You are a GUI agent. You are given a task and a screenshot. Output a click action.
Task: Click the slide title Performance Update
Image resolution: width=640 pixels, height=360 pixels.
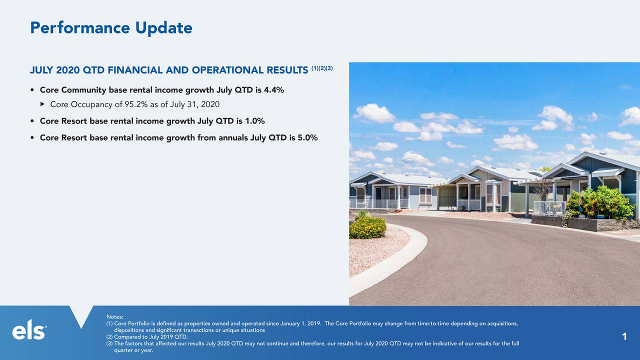point(111,28)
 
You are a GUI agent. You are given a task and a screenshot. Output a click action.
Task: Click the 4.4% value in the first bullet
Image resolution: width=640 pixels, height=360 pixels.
point(273,90)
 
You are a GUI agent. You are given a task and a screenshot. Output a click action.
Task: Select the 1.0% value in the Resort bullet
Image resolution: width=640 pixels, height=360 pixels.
point(254,121)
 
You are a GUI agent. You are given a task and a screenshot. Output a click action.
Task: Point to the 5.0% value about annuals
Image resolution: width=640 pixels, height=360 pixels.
point(307,138)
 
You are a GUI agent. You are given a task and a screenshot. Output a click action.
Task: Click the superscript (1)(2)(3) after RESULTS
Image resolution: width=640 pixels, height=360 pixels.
point(321,68)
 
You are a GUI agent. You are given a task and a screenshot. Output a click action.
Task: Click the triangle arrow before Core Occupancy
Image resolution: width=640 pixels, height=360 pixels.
point(42,104)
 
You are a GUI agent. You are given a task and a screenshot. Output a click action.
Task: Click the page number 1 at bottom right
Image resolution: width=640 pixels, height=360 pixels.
point(624,337)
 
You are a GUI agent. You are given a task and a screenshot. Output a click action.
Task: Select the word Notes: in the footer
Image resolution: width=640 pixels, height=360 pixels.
point(114,317)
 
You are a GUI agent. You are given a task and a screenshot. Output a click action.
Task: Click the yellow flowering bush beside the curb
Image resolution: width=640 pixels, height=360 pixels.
point(367,227)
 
